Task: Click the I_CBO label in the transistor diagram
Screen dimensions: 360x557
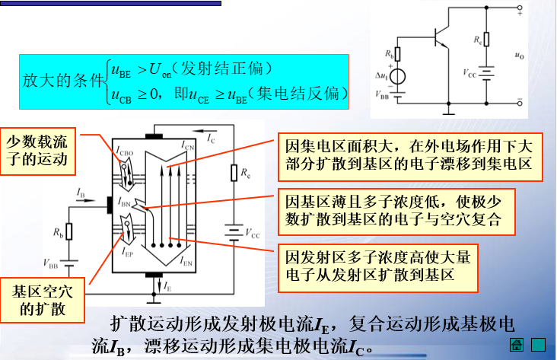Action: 127,151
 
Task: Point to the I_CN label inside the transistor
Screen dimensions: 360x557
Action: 188,144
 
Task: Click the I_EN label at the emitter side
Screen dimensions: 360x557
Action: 187,261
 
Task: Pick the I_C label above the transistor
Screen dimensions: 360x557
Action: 211,138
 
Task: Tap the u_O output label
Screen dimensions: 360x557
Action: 519,56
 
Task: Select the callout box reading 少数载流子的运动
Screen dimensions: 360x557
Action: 38,150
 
